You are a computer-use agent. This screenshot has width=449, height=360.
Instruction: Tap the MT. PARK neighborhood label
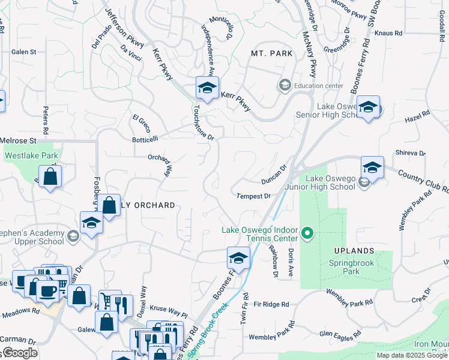(272, 53)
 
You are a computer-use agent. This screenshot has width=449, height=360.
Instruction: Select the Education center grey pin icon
(285, 86)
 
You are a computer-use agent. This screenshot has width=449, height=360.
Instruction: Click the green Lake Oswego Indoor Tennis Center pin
(307, 232)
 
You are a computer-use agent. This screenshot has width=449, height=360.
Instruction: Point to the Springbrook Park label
(352, 267)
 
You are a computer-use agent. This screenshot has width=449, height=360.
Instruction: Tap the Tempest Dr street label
(254, 196)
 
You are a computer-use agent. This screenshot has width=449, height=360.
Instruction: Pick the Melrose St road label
(19, 140)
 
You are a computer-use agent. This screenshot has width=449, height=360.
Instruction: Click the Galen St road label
(24, 52)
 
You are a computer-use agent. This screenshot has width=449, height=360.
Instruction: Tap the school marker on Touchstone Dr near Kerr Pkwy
(207, 89)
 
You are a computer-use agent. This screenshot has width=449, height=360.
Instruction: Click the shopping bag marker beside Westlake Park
(51, 177)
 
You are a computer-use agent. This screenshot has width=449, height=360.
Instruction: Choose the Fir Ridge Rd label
(271, 304)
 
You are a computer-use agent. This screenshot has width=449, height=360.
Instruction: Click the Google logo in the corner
(19, 352)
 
